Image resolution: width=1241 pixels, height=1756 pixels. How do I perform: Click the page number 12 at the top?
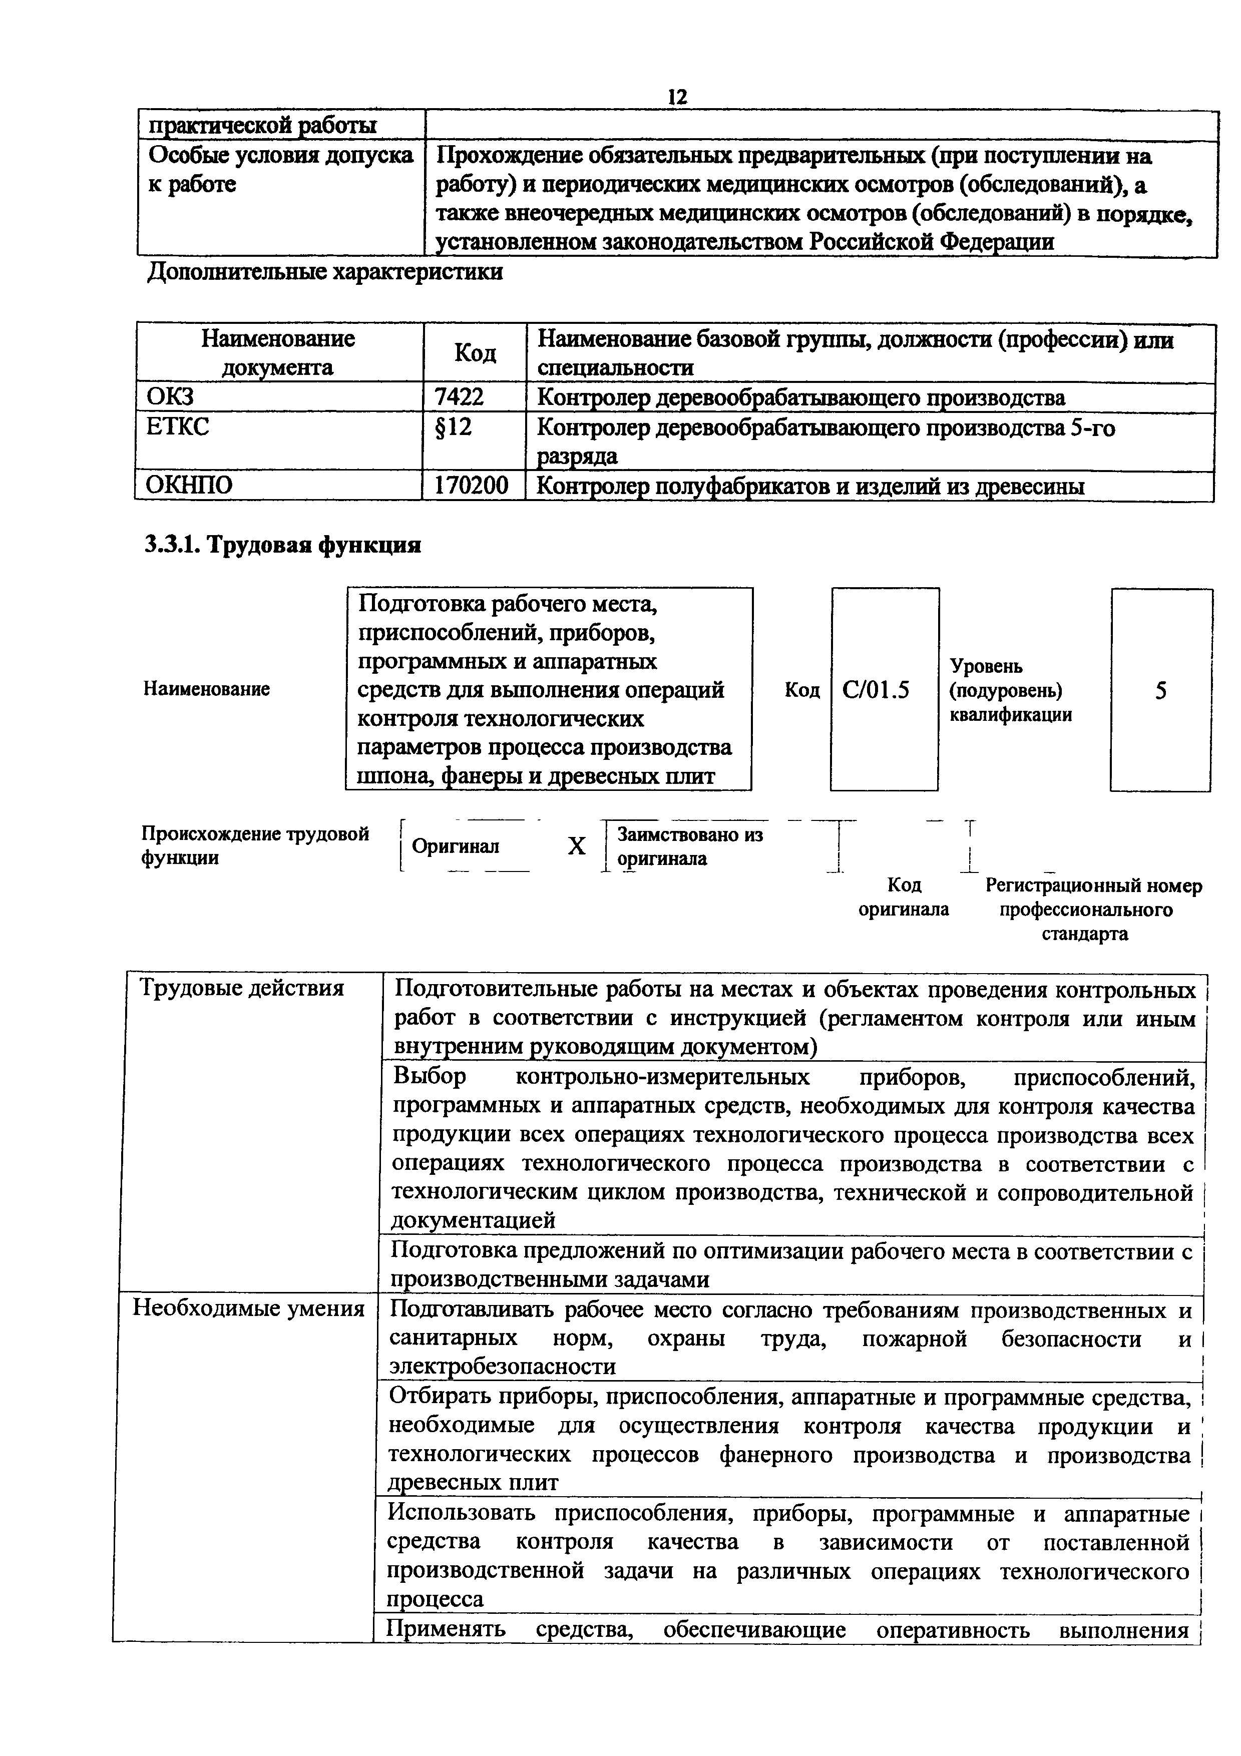[677, 97]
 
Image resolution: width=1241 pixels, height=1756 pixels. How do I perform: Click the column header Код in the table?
[475, 352]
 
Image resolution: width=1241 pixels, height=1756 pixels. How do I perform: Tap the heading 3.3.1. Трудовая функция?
[283, 545]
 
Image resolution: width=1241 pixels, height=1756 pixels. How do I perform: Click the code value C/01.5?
[876, 691]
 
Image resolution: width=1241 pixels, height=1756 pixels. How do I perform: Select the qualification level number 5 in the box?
[1161, 691]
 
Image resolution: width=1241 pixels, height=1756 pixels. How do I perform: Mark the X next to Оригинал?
[577, 846]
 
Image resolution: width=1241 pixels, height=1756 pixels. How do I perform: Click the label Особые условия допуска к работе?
[279, 169]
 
